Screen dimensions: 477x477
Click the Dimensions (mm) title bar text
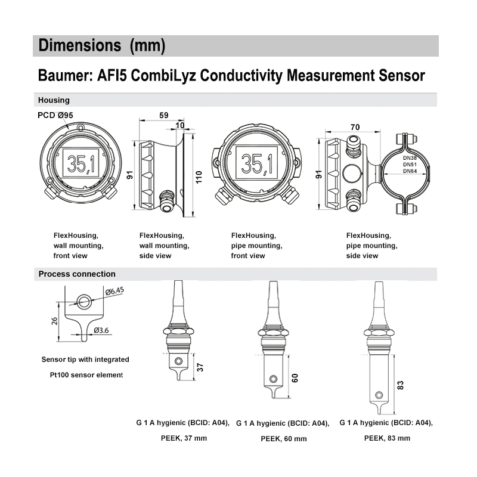101,45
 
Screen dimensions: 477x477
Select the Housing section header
54,100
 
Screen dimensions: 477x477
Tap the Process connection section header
77,274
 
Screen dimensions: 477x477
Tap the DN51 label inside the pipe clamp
410,165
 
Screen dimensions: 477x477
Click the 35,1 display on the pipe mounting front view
257,162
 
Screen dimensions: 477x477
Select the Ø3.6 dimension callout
101,330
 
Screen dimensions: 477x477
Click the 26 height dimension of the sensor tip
55,320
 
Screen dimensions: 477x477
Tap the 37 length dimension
201,367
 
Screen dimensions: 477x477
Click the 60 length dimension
294,377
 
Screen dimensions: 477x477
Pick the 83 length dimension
400,386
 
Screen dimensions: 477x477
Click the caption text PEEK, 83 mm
387,438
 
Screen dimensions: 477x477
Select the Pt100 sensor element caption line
86,375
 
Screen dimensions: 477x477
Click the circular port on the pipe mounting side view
351,174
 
